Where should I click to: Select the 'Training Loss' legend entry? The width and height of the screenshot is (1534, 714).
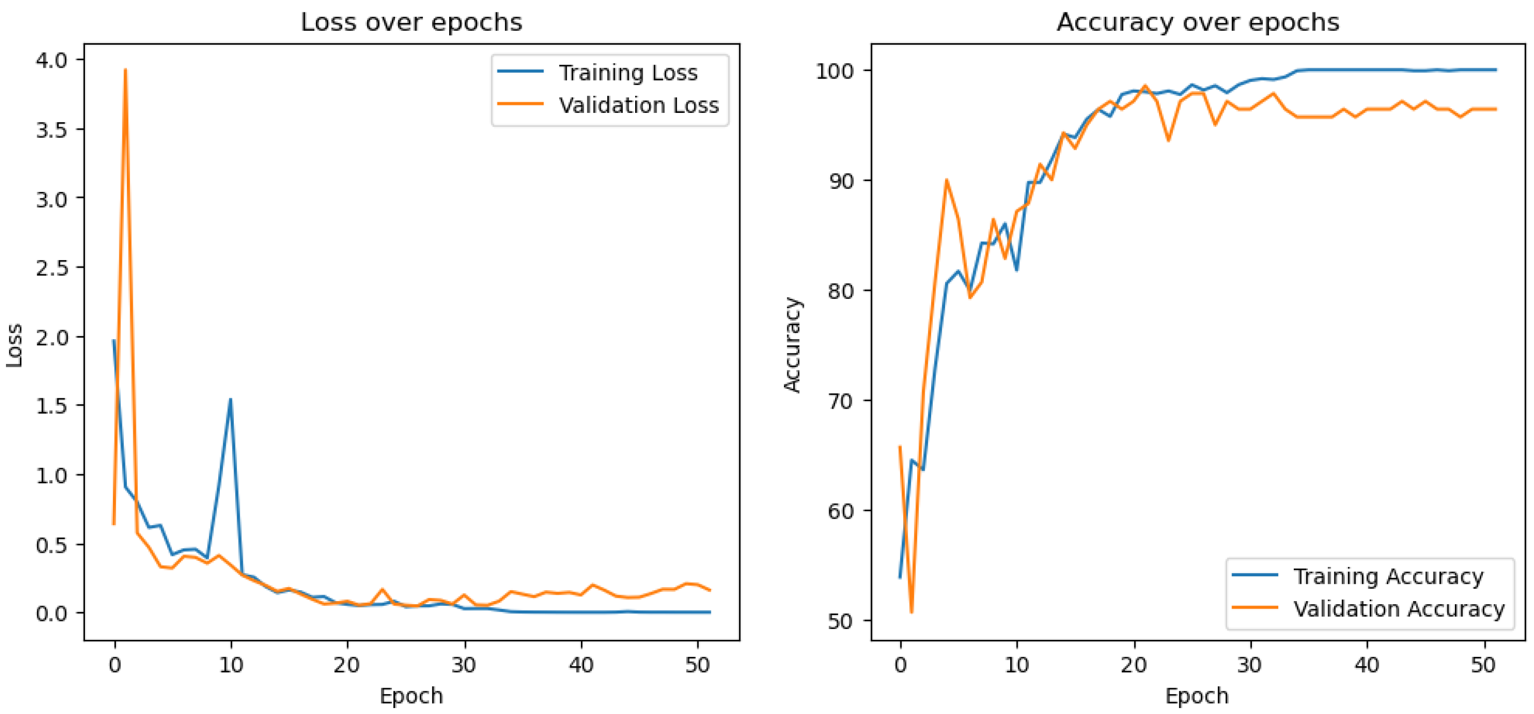(x=628, y=73)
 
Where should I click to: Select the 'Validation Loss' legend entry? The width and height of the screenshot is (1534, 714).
(x=638, y=105)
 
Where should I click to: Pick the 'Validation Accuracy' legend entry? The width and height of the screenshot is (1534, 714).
(x=1398, y=609)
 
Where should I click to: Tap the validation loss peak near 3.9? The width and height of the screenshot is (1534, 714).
(x=125, y=70)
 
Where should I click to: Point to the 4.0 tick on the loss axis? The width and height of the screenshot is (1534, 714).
(x=52, y=60)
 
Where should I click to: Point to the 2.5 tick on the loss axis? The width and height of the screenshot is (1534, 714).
(x=52, y=268)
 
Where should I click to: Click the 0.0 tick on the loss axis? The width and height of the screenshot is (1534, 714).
(x=52, y=614)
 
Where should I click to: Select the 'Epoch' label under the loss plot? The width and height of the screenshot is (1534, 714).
(x=411, y=696)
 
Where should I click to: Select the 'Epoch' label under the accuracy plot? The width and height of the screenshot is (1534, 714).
(x=1196, y=696)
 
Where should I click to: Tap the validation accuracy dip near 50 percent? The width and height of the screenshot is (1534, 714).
(x=912, y=612)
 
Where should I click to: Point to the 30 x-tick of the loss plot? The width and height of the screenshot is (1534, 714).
(x=463, y=665)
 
